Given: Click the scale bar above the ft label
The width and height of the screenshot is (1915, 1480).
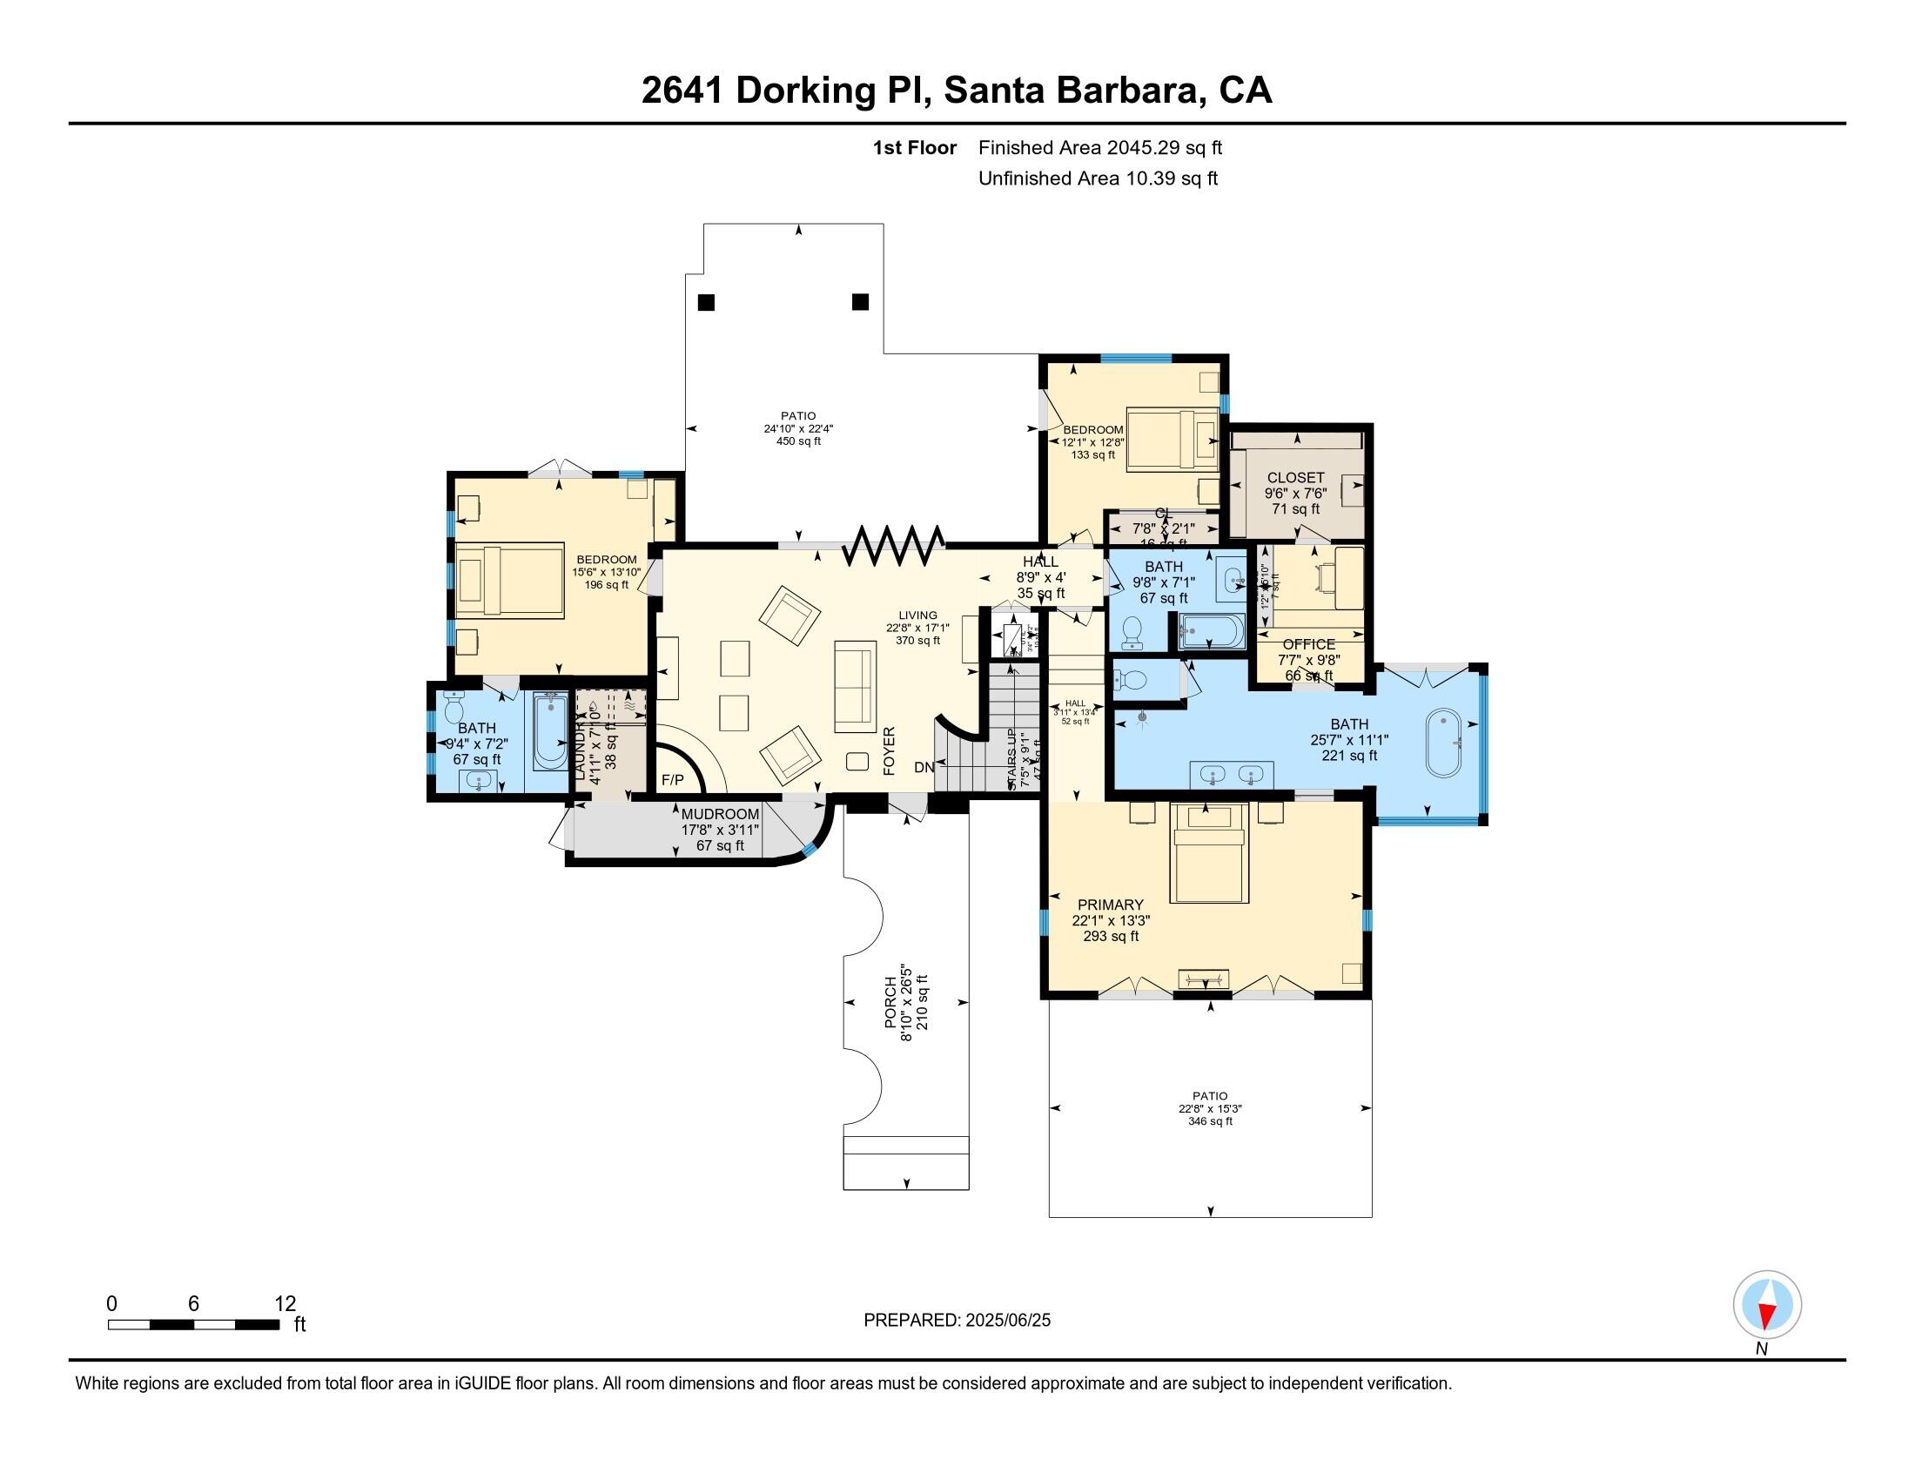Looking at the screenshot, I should pos(193,1325).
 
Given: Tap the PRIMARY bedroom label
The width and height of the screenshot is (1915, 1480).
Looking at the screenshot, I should pos(1110,905).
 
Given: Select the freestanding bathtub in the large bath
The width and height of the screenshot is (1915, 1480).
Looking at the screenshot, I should pos(1443,743).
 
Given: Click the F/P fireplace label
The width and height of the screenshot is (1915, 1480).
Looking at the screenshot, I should pos(673,779).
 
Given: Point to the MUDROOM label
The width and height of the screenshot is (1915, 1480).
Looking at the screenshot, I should pos(720,815).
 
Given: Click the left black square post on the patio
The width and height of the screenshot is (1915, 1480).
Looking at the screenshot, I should pos(706,302).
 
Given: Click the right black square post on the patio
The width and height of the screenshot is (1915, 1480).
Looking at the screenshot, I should pos(860,301).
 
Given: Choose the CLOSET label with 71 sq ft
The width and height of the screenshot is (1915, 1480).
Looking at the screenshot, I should pos(1295,478).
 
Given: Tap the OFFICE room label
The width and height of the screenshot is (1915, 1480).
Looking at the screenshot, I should pos(1308,644).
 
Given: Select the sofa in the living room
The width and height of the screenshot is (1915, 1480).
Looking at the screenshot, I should pos(855,687).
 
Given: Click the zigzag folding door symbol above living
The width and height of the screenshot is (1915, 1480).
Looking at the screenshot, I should pos(892,545).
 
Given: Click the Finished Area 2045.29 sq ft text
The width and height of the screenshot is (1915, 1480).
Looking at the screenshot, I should pos(1099,147).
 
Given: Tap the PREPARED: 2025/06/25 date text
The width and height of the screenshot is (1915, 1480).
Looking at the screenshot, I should pos(957,1321).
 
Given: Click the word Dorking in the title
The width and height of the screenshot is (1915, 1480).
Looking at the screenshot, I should pos(805,91).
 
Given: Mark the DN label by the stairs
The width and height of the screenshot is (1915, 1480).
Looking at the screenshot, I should pos(924,767).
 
